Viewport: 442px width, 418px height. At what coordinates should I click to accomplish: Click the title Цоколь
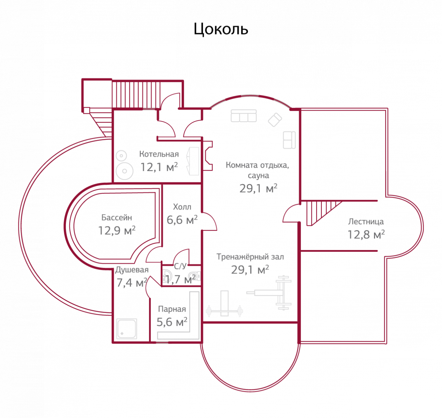[221, 29]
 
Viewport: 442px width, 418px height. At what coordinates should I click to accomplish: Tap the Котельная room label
[159, 154]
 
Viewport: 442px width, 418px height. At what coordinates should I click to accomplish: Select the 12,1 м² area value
[159, 167]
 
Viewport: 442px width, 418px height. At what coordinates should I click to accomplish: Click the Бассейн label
[116, 218]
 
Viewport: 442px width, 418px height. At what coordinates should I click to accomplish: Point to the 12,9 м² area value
[117, 230]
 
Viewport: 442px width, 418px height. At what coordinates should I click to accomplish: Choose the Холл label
[182, 207]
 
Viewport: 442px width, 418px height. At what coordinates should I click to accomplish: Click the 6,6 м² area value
[182, 220]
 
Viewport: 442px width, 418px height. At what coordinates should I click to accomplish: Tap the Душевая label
[132, 270]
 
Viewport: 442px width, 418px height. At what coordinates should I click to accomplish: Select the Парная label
[172, 309]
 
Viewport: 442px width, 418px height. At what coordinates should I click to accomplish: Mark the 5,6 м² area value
[172, 322]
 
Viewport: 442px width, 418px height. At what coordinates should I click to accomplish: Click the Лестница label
[366, 221]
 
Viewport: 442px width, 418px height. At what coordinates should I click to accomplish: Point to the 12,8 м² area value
[366, 235]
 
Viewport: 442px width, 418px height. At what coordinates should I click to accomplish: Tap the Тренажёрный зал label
[250, 257]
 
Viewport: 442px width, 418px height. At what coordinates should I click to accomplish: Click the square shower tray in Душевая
[127, 329]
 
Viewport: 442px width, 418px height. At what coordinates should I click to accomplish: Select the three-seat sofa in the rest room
[244, 116]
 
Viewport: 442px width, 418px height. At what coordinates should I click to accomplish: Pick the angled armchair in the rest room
[275, 120]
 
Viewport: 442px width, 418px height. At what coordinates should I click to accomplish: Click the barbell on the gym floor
[224, 311]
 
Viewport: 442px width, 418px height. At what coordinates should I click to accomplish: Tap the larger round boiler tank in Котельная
[124, 170]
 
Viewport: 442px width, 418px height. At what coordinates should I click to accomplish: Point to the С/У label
[180, 266]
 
